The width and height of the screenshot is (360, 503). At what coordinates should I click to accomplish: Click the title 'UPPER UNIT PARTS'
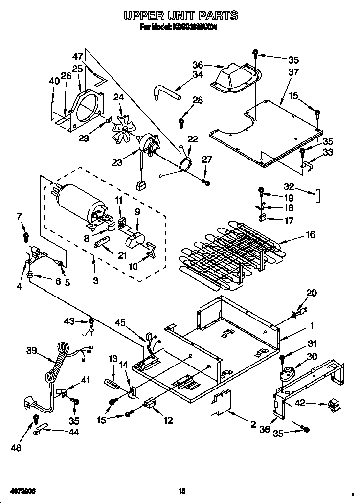(x=180, y=16)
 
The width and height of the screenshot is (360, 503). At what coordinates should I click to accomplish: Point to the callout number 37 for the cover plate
(x=293, y=72)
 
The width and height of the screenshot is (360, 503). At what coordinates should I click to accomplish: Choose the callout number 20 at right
(x=311, y=293)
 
